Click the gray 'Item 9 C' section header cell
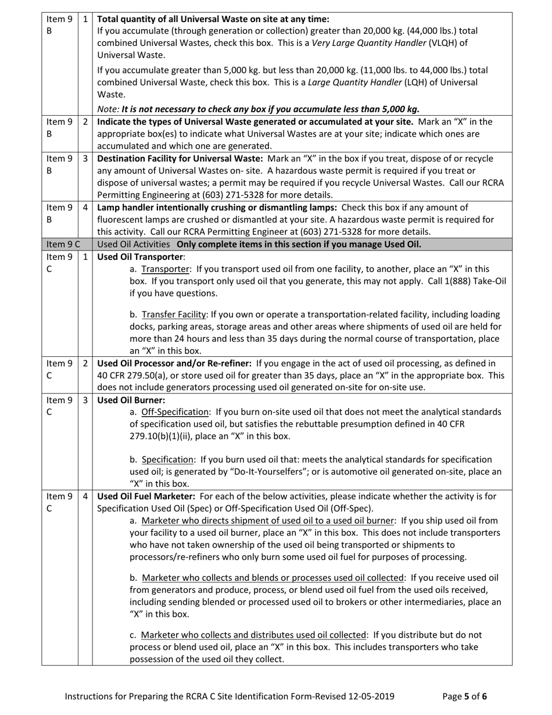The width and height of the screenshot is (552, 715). tap(60, 244)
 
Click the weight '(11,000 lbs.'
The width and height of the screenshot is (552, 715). tap(386, 70)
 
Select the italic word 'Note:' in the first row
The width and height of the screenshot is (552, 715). tap(108, 109)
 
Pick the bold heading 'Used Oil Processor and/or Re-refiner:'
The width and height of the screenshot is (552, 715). tap(174, 363)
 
